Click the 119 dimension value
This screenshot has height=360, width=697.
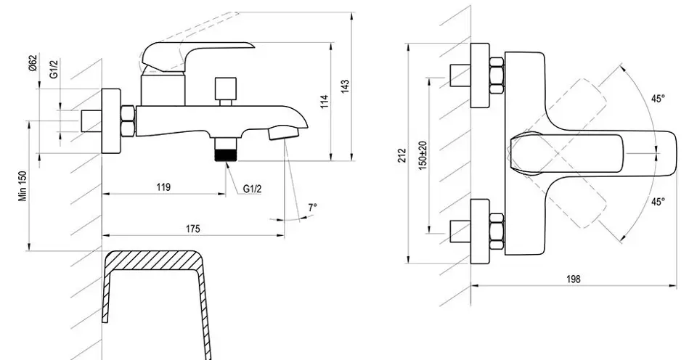coord(163,187)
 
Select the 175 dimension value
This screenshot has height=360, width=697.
coord(192,229)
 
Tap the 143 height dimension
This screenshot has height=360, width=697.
coord(346,86)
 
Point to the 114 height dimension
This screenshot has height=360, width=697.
coord(325,102)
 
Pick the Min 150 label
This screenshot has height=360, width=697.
coord(23,187)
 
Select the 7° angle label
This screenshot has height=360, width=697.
coord(313,207)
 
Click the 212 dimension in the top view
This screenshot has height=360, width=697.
coord(402,155)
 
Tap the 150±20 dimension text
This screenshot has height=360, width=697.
coord(423,155)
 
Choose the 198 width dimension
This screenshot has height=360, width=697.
coord(574,279)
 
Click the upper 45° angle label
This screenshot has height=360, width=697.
coord(659,99)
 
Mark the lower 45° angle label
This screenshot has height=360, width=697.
coord(659,201)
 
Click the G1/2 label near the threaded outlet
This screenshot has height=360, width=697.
coord(252,189)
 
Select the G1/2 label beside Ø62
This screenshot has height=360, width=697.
coord(54,69)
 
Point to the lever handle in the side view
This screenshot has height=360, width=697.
coord(195,56)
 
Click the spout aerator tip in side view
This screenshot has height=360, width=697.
coord(284,132)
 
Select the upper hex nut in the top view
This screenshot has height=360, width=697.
coord(497,75)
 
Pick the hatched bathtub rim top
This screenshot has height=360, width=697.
coord(152,260)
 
